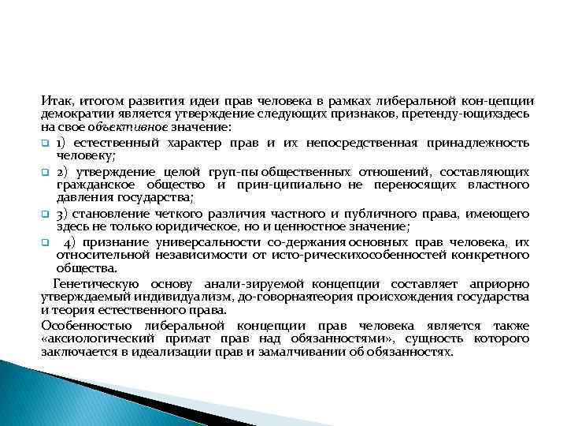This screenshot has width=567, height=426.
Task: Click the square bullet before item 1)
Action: pyautogui.click(x=47, y=143)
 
